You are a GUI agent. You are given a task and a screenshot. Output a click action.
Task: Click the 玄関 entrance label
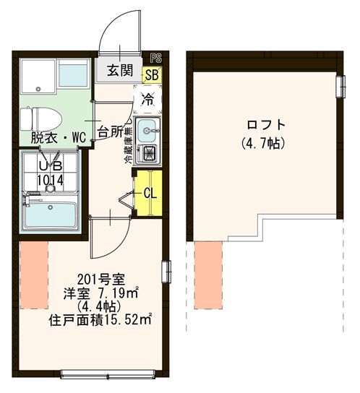point(119,71)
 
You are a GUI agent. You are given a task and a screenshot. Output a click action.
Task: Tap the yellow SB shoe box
point(153,73)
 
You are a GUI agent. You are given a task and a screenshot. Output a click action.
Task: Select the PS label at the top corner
point(155,58)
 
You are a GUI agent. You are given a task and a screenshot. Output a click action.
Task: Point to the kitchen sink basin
point(150,131)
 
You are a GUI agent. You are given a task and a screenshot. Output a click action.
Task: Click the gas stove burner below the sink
point(150,153)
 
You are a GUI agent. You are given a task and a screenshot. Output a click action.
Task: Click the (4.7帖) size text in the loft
point(262,142)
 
